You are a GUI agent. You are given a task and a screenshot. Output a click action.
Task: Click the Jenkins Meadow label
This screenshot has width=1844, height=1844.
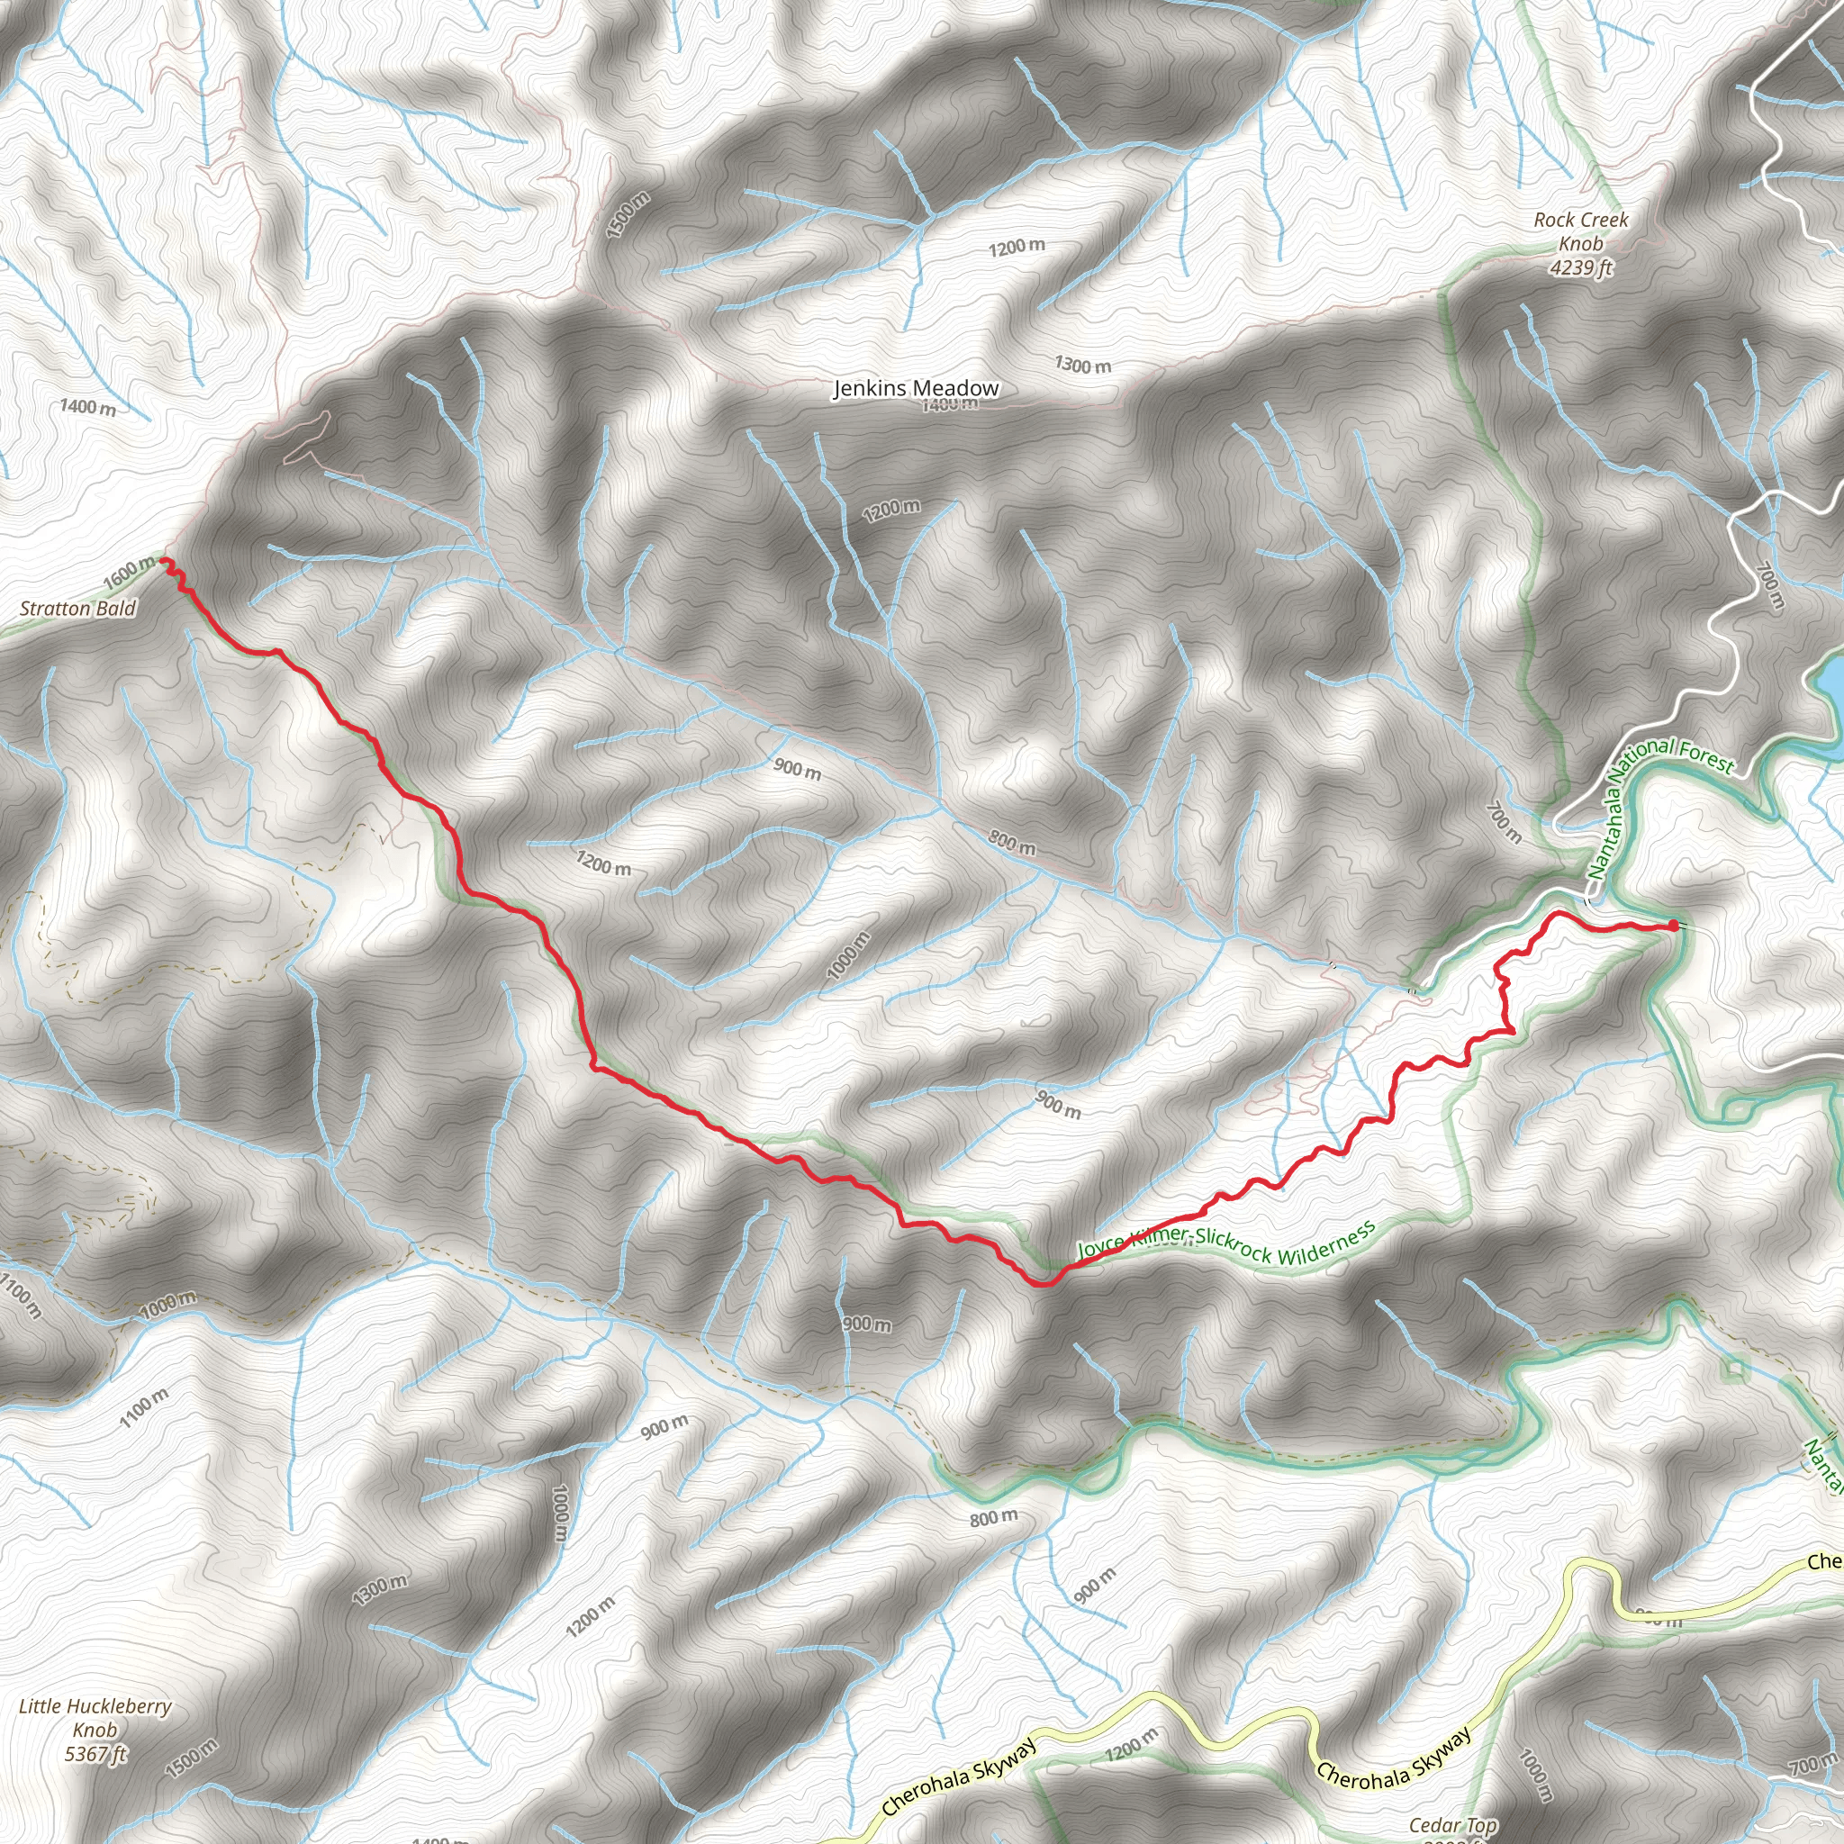click(x=916, y=388)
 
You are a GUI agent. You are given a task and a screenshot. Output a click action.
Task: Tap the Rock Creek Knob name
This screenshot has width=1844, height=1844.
click(x=1580, y=231)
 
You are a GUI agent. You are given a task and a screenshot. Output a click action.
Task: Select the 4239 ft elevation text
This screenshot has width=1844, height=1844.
click(x=1580, y=268)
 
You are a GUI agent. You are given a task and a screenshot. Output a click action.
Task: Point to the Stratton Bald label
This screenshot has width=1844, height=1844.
click(x=78, y=609)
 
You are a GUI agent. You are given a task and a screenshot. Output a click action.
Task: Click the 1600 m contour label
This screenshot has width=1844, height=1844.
click(x=129, y=572)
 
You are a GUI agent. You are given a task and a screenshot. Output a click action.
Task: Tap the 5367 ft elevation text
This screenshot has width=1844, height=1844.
click(x=95, y=1752)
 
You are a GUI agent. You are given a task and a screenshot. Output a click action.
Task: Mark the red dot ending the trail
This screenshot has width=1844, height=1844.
click(x=1673, y=925)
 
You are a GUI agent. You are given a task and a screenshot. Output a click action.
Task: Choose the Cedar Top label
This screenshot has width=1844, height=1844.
click(x=1452, y=1826)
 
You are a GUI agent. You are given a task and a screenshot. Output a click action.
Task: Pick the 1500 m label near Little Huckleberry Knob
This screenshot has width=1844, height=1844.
click(x=191, y=1758)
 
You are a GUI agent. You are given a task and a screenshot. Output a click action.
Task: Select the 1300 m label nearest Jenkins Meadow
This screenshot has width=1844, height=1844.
click(x=1082, y=365)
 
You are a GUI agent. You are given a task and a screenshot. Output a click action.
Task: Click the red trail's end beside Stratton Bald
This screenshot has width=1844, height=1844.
click(x=165, y=560)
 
